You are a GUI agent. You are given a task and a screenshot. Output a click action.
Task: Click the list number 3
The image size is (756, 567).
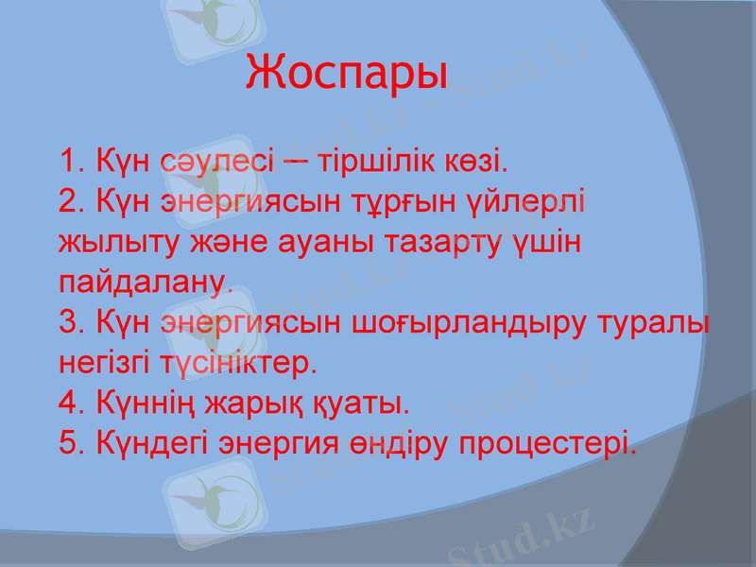tap(67, 322)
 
